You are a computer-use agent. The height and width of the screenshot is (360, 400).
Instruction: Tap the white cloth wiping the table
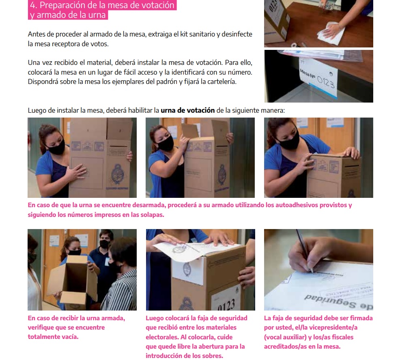[x=331, y=33]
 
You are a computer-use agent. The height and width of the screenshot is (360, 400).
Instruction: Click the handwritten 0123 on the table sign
[x=325, y=82]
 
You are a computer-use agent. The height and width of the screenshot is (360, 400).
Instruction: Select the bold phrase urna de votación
[x=188, y=110]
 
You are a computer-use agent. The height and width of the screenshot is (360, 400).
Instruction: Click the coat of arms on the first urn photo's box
[x=118, y=174]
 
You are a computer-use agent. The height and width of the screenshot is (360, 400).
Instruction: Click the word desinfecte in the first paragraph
[x=237, y=34]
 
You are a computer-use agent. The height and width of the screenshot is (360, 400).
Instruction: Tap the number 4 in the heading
[x=32, y=5]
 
